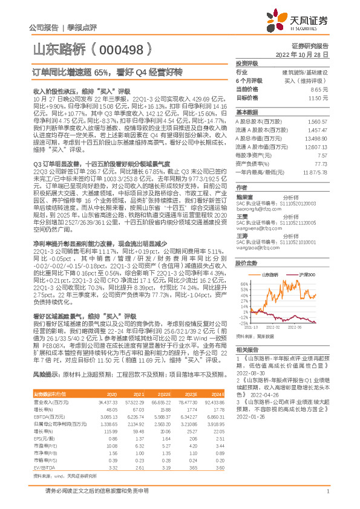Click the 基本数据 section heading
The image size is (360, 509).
[x=247, y=112]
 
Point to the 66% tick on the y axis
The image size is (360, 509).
[x=244, y=266]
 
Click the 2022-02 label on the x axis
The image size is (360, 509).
[x=274, y=326]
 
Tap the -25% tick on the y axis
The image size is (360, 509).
[x=243, y=323]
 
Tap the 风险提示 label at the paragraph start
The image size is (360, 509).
[x=44, y=375]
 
